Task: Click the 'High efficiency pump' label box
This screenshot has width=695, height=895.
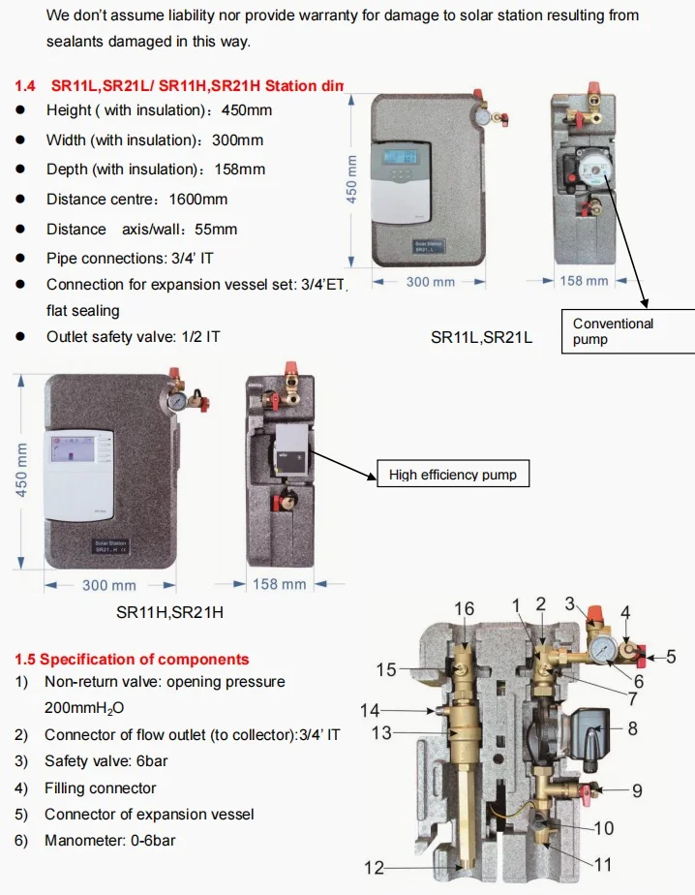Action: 452,475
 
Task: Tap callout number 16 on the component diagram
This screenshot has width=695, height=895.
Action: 465,608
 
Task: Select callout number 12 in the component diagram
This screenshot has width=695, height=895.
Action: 375,868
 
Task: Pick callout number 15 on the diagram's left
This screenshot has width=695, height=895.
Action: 386,669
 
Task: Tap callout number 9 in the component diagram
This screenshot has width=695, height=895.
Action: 636,790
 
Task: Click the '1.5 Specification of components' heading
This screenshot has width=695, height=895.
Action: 132,660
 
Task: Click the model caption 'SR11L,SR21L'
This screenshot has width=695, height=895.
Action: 481,337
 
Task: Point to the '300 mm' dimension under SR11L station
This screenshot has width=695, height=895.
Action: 429,281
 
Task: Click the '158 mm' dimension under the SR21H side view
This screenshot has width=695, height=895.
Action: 279,584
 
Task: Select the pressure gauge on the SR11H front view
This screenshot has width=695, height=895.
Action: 177,401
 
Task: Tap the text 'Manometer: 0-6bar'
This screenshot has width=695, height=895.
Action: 109,841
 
